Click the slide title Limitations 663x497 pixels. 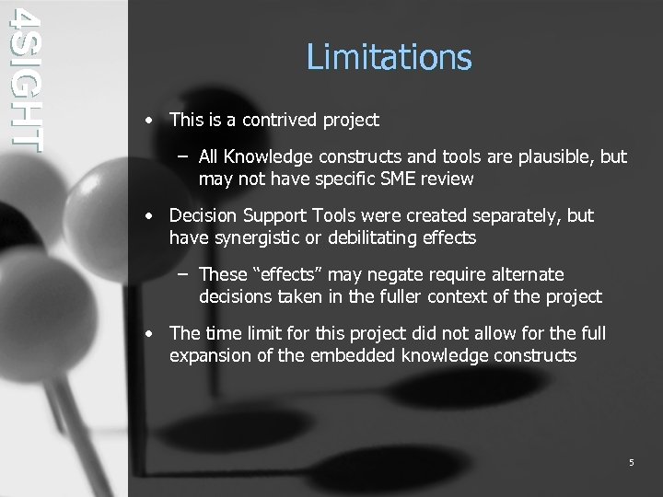click(x=389, y=57)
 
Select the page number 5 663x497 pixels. click(x=631, y=462)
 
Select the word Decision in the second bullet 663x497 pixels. click(x=203, y=216)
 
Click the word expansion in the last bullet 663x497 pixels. click(x=210, y=355)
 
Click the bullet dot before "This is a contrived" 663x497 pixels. click(x=148, y=121)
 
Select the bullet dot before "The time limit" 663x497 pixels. click(x=148, y=334)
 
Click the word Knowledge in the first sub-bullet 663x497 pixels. click(x=267, y=157)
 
